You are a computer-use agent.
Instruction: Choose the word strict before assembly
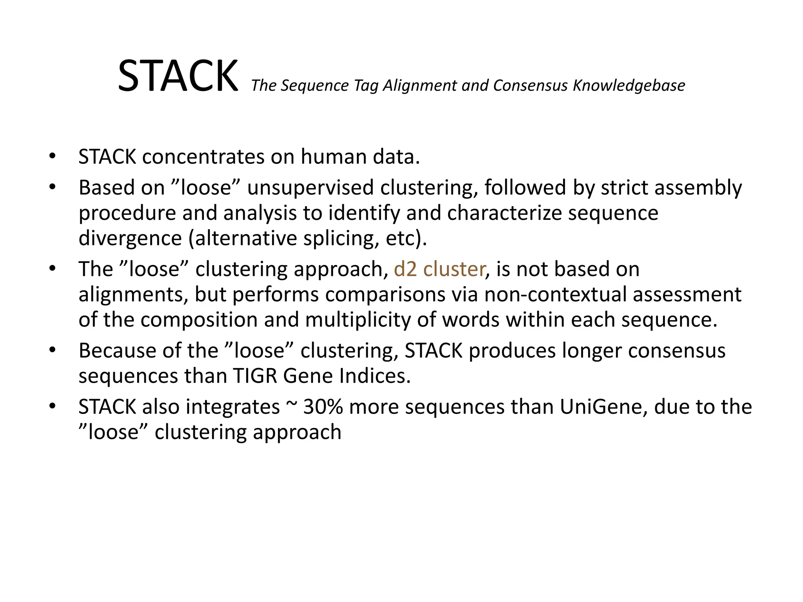(x=624, y=187)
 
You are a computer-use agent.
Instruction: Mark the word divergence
(x=130, y=238)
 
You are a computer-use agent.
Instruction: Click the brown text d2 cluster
(x=439, y=269)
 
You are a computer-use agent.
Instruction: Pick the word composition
(x=199, y=319)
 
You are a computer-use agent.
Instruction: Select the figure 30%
(x=323, y=407)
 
